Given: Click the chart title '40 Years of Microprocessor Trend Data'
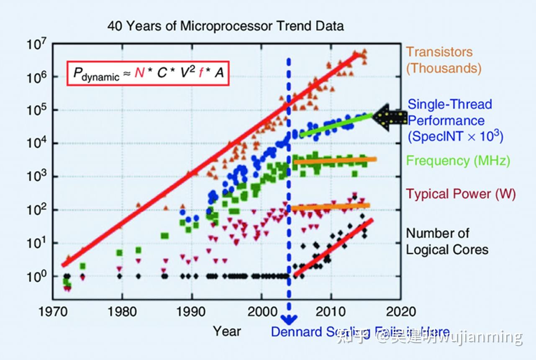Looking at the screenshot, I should [x=226, y=26].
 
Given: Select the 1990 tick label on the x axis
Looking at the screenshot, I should [x=191, y=312].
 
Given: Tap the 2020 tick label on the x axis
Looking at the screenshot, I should [x=400, y=312].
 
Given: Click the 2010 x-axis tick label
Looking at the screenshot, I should [x=331, y=312].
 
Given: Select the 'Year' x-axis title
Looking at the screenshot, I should [x=227, y=331].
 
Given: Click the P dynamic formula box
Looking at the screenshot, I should [x=148, y=74].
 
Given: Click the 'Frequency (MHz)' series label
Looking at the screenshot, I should [x=459, y=161].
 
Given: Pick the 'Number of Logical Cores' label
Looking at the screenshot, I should [x=447, y=241].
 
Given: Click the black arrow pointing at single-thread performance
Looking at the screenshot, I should [x=389, y=118].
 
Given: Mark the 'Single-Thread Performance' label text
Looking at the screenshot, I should [x=450, y=112].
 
